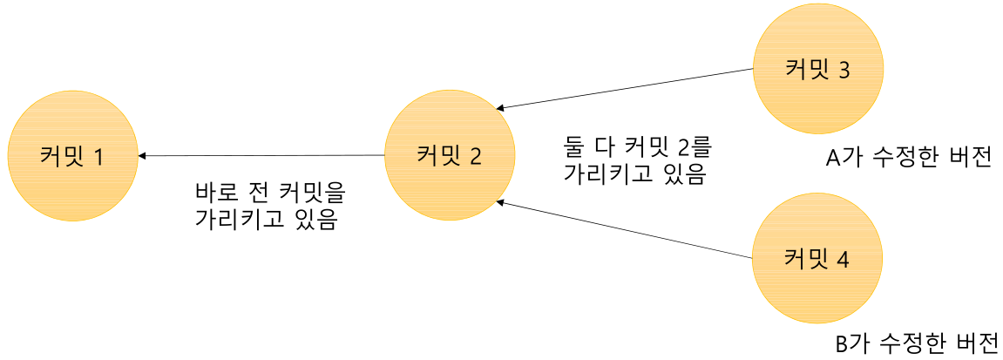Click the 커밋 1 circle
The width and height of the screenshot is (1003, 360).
(x=72, y=156)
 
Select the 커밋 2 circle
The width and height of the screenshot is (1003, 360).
(x=449, y=156)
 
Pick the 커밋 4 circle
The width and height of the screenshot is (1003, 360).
(x=817, y=259)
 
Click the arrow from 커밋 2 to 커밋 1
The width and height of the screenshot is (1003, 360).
(x=261, y=156)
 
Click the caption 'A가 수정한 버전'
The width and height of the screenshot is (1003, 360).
(x=909, y=159)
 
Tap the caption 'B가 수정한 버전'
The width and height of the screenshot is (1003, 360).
(x=916, y=343)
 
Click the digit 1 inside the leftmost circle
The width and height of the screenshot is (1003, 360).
(x=98, y=157)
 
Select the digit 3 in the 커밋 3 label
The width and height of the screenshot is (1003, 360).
(x=843, y=71)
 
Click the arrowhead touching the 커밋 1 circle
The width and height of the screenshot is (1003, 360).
(x=142, y=156)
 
